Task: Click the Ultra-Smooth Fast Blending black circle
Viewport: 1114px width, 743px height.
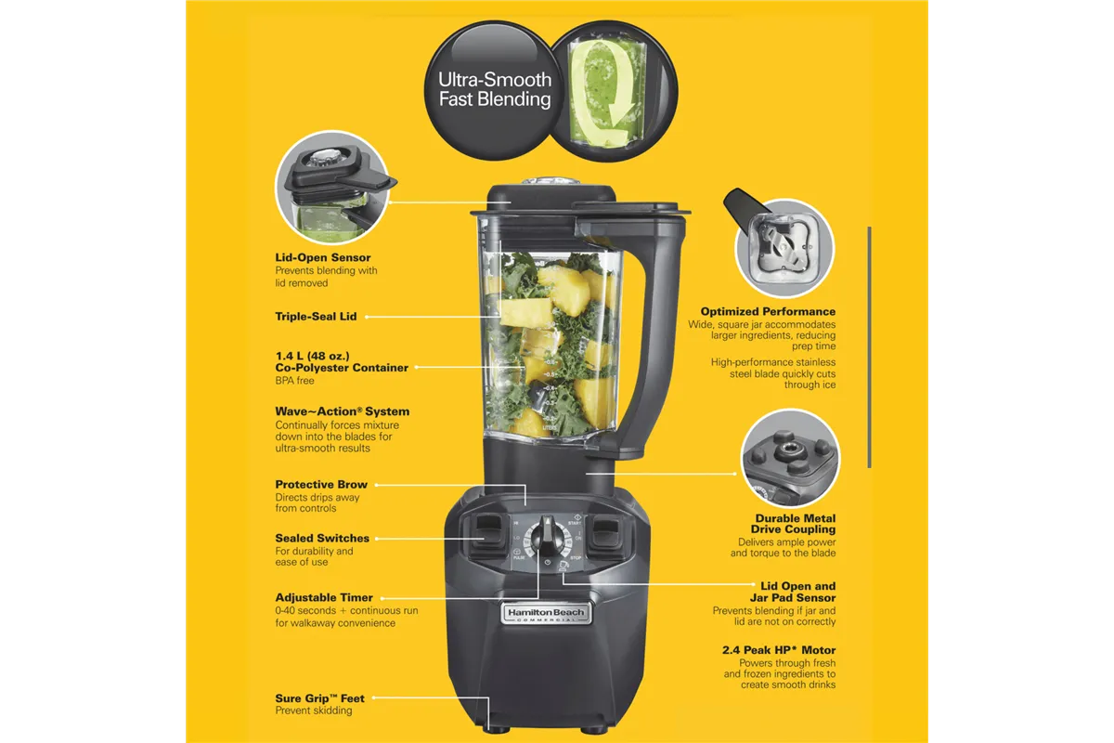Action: pyautogui.click(x=488, y=89)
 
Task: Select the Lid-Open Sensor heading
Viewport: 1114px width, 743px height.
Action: pyautogui.click(x=323, y=257)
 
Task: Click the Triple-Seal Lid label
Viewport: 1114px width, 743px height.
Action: pyautogui.click(x=316, y=317)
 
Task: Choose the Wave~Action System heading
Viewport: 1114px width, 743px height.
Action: pyautogui.click(x=342, y=411)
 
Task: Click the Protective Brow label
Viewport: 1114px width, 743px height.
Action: pyautogui.click(x=321, y=485)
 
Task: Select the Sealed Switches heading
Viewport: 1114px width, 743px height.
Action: pyautogui.click(x=322, y=539)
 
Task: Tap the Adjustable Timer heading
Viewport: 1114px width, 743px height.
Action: pyautogui.click(x=324, y=598)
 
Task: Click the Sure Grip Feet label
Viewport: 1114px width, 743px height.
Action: pyautogui.click(x=319, y=698)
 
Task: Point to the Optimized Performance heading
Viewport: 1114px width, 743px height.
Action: pyautogui.click(x=768, y=312)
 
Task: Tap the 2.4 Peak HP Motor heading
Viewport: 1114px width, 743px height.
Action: pyautogui.click(x=778, y=650)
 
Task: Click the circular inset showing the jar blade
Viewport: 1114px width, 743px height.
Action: pyautogui.click(x=784, y=247)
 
